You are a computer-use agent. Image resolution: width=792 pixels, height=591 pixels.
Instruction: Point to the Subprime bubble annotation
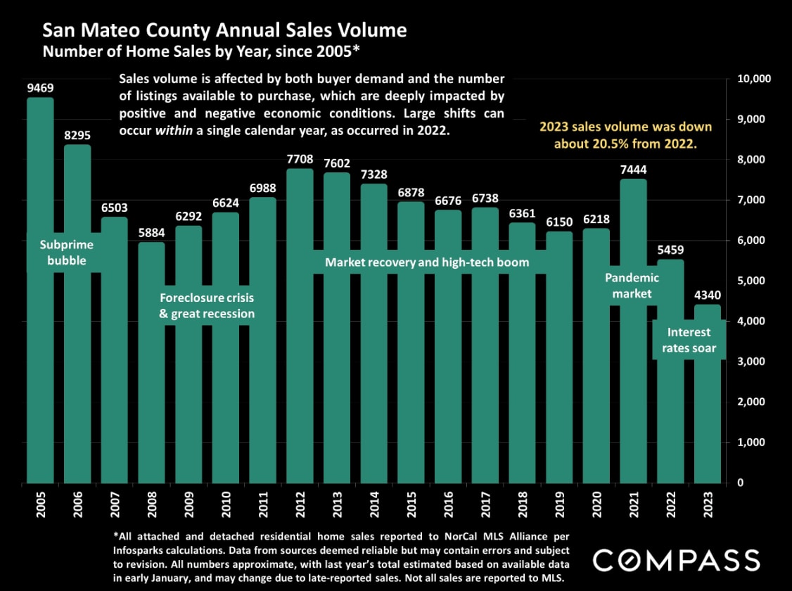pyautogui.click(x=66, y=253)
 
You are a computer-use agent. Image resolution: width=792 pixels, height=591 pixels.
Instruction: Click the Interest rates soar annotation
pyautogui.click(x=689, y=340)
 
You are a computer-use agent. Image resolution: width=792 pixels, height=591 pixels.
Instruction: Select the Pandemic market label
pyautogui.click(x=632, y=286)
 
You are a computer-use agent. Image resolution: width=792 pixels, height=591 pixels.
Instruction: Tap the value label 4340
pyautogui.click(x=707, y=295)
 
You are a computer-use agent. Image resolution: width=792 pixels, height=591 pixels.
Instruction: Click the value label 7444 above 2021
pyautogui.click(x=634, y=169)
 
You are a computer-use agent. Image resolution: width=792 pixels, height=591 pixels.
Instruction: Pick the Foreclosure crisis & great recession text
pyautogui.click(x=207, y=305)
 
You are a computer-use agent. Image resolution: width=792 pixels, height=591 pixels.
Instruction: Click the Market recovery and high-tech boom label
pyautogui.click(x=426, y=262)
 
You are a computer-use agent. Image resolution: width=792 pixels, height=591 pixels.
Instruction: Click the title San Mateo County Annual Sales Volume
pyautogui.click(x=224, y=30)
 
